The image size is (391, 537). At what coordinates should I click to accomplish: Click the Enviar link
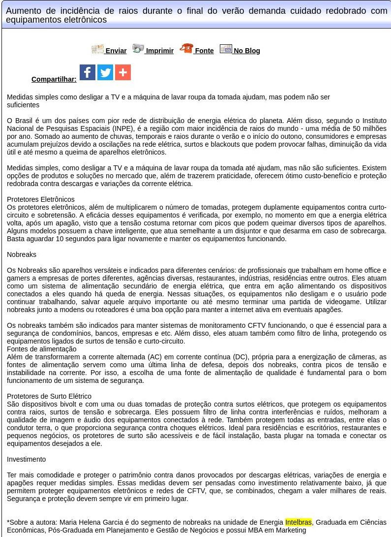[116, 51]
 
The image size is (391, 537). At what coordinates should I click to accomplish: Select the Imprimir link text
[160, 51]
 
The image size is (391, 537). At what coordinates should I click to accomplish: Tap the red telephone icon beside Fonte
[186, 48]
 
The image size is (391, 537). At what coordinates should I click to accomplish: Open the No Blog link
[246, 51]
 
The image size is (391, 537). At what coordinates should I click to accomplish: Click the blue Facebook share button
[88, 72]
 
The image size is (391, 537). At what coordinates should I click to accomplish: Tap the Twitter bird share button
[105, 72]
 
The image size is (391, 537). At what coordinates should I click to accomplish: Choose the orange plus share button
[123, 72]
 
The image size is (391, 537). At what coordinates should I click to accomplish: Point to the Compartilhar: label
[54, 79]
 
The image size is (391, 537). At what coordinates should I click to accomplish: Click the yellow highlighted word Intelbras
[299, 522]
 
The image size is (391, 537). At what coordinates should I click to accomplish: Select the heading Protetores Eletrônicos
[41, 199]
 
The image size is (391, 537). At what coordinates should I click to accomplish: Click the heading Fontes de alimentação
[42, 349]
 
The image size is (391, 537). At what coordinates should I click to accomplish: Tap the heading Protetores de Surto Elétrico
[49, 396]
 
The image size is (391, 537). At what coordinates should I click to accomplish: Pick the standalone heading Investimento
[26, 459]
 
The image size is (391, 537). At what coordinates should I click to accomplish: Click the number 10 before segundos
[60, 239]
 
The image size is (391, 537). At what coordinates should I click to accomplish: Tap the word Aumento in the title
[22, 11]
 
